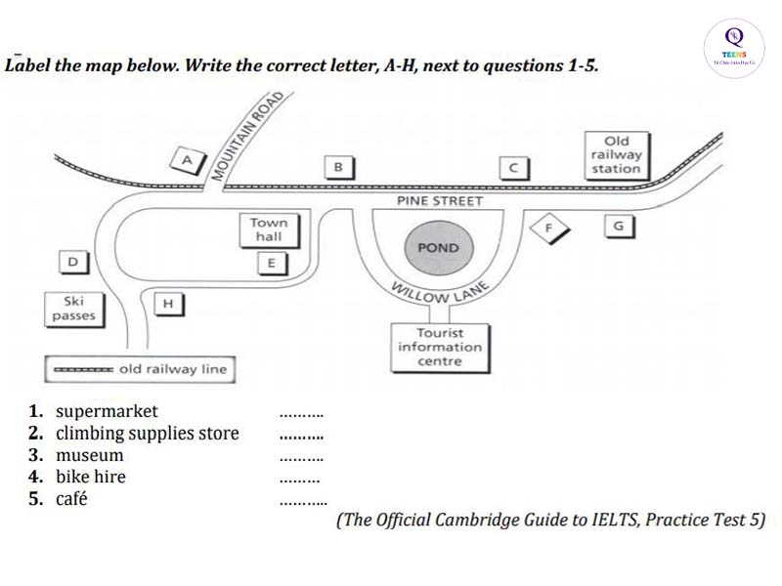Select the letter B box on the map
click(x=338, y=167)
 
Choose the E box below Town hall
click(x=272, y=262)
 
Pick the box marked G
click(x=617, y=226)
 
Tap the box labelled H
click(x=168, y=303)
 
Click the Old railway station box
click(x=617, y=154)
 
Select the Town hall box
click(x=269, y=230)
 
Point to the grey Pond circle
click(x=437, y=248)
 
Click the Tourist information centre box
click(x=439, y=347)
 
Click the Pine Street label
click(x=439, y=201)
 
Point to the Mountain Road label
click(x=249, y=137)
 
